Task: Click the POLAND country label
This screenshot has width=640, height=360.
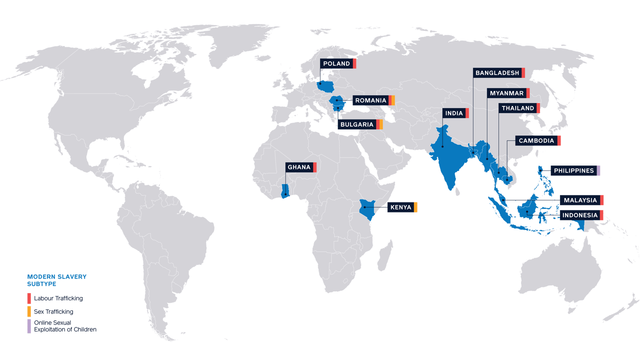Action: click(336, 64)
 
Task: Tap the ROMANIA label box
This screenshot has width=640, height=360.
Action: click(370, 100)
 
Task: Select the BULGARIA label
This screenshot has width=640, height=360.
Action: click(356, 124)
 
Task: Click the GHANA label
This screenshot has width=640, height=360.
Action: click(299, 167)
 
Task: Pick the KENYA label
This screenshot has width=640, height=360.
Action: click(400, 207)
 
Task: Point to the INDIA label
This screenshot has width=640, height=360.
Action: click(454, 113)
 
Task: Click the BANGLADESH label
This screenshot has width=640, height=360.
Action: click(497, 73)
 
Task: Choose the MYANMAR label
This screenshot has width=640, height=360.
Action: click(506, 93)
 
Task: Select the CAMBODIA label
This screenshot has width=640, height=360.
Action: click(536, 141)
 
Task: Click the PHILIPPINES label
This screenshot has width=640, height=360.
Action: click(573, 171)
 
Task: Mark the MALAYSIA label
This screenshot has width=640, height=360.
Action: click(580, 200)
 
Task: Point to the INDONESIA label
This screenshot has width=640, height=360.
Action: click(579, 215)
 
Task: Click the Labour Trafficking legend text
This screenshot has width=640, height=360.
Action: click(58, 298)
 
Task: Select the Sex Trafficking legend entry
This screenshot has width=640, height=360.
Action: click(53, 311)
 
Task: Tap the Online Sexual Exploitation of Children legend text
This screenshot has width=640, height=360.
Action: click(64, 326)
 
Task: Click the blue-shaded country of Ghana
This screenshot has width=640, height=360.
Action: click(285, 191)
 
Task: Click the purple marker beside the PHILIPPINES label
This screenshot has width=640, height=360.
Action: click(598, 171)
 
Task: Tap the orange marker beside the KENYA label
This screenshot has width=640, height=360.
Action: click(415, 207)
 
